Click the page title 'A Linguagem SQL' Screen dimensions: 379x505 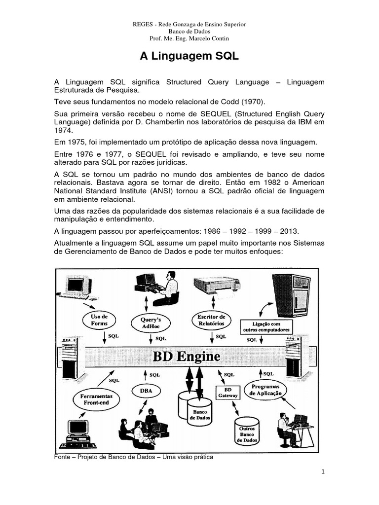[x=189, y=57]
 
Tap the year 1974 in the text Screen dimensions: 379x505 [x=63, y=131]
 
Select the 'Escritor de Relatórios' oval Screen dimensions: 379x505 [x=211, y=320]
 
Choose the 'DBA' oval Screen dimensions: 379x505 [x=146, y=391]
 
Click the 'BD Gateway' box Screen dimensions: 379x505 [x=228, y=392]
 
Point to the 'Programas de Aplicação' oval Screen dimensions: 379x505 [x=266, y=390]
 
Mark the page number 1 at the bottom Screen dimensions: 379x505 [x=322, y=471]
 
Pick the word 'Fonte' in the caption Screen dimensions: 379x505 [x=63, y=457]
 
